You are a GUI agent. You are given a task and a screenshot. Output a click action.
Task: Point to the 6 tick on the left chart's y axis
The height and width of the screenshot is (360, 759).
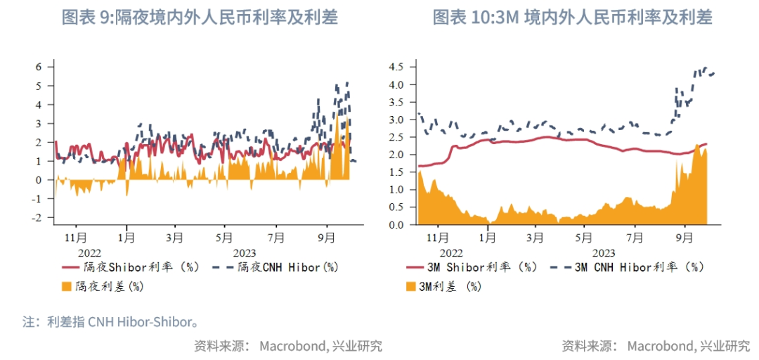coord(39,67)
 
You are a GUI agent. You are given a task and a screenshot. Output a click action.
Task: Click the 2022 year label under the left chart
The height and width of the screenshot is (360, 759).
coord(89,252)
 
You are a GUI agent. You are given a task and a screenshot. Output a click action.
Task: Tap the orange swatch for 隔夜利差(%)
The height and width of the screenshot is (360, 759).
coord(67,286)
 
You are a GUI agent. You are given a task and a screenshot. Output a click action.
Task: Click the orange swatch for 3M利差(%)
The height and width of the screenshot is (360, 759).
coord(411,286)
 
